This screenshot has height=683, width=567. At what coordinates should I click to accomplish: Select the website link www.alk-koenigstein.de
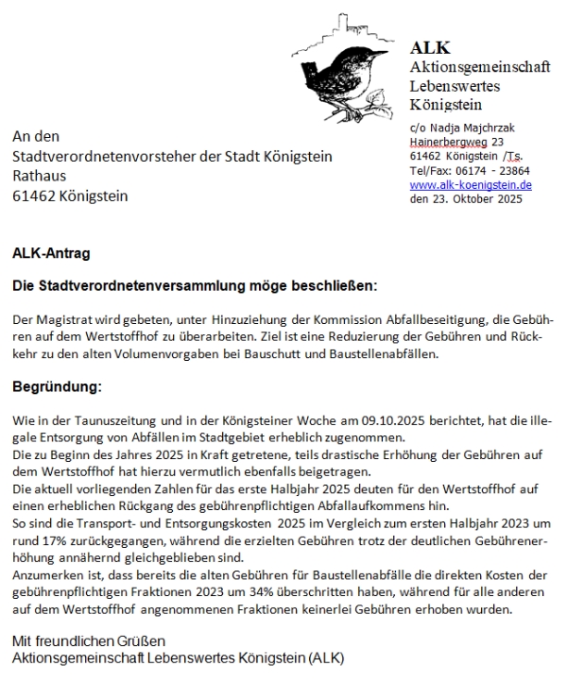(471, 185)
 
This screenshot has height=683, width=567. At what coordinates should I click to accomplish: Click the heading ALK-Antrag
(52, 253)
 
